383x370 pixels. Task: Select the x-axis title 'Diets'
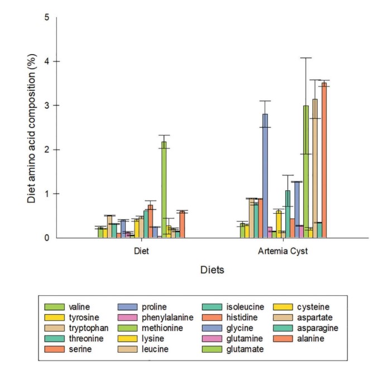pos(212,270)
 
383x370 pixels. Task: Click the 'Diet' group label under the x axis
pos(142,251)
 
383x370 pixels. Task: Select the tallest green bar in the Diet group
pos(164,190)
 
